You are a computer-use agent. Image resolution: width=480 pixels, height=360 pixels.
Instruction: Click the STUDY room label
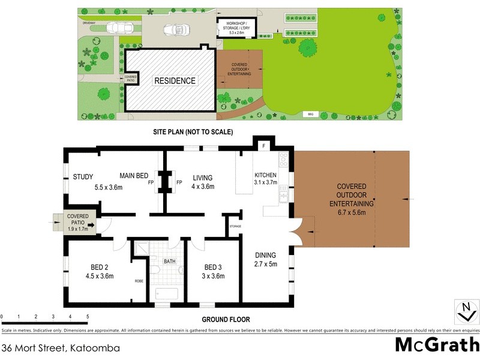(x=83, y=176)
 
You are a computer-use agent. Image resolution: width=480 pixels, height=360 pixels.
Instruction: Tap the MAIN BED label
(x=133, y=176)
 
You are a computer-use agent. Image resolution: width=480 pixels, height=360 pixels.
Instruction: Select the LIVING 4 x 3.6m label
(x=203, y=182)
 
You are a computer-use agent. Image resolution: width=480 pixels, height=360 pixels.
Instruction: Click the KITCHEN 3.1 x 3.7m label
(x=265, y=178)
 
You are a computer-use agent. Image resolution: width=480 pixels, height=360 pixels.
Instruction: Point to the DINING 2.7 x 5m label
(x=265, y=259)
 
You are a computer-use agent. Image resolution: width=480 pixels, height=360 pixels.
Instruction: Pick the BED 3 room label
(x=214, y=272)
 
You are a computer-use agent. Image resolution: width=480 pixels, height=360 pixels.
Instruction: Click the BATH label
(x=170, y=261)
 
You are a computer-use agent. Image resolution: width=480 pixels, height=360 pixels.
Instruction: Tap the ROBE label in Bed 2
(x=139, y=281)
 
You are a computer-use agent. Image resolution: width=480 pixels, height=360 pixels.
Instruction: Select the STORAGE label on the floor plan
(x=235, y=226)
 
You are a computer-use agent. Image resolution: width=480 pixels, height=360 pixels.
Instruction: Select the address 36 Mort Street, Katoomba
(x=60, y=347)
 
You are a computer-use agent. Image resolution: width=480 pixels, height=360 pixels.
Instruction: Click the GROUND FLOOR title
(x=226, y=320)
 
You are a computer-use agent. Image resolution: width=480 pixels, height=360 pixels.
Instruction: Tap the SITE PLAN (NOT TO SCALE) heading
(x=193, y=131)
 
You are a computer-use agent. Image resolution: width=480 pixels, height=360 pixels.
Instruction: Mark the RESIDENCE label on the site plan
(x=175, y=81)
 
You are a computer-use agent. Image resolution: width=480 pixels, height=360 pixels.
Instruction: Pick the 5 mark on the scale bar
(x=88, y=317)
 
